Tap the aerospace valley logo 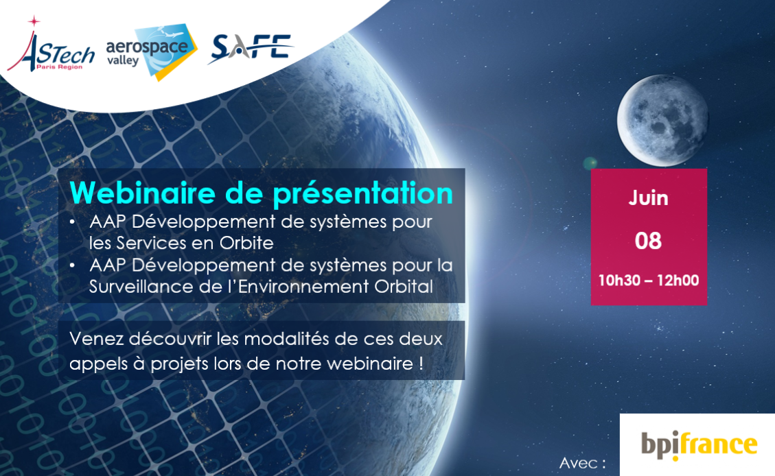(x=152, y=52)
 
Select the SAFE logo (x=251, y=49)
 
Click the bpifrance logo (x=699, y=445)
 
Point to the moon (x=663, y=120)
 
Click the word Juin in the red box (x=648, y=198)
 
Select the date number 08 (x=648, y=241)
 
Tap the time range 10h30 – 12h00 (x=649, y=281)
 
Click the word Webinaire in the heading (x=142, y=193)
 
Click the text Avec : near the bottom (x=582, y=463)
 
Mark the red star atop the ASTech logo (x=34, y=21)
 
